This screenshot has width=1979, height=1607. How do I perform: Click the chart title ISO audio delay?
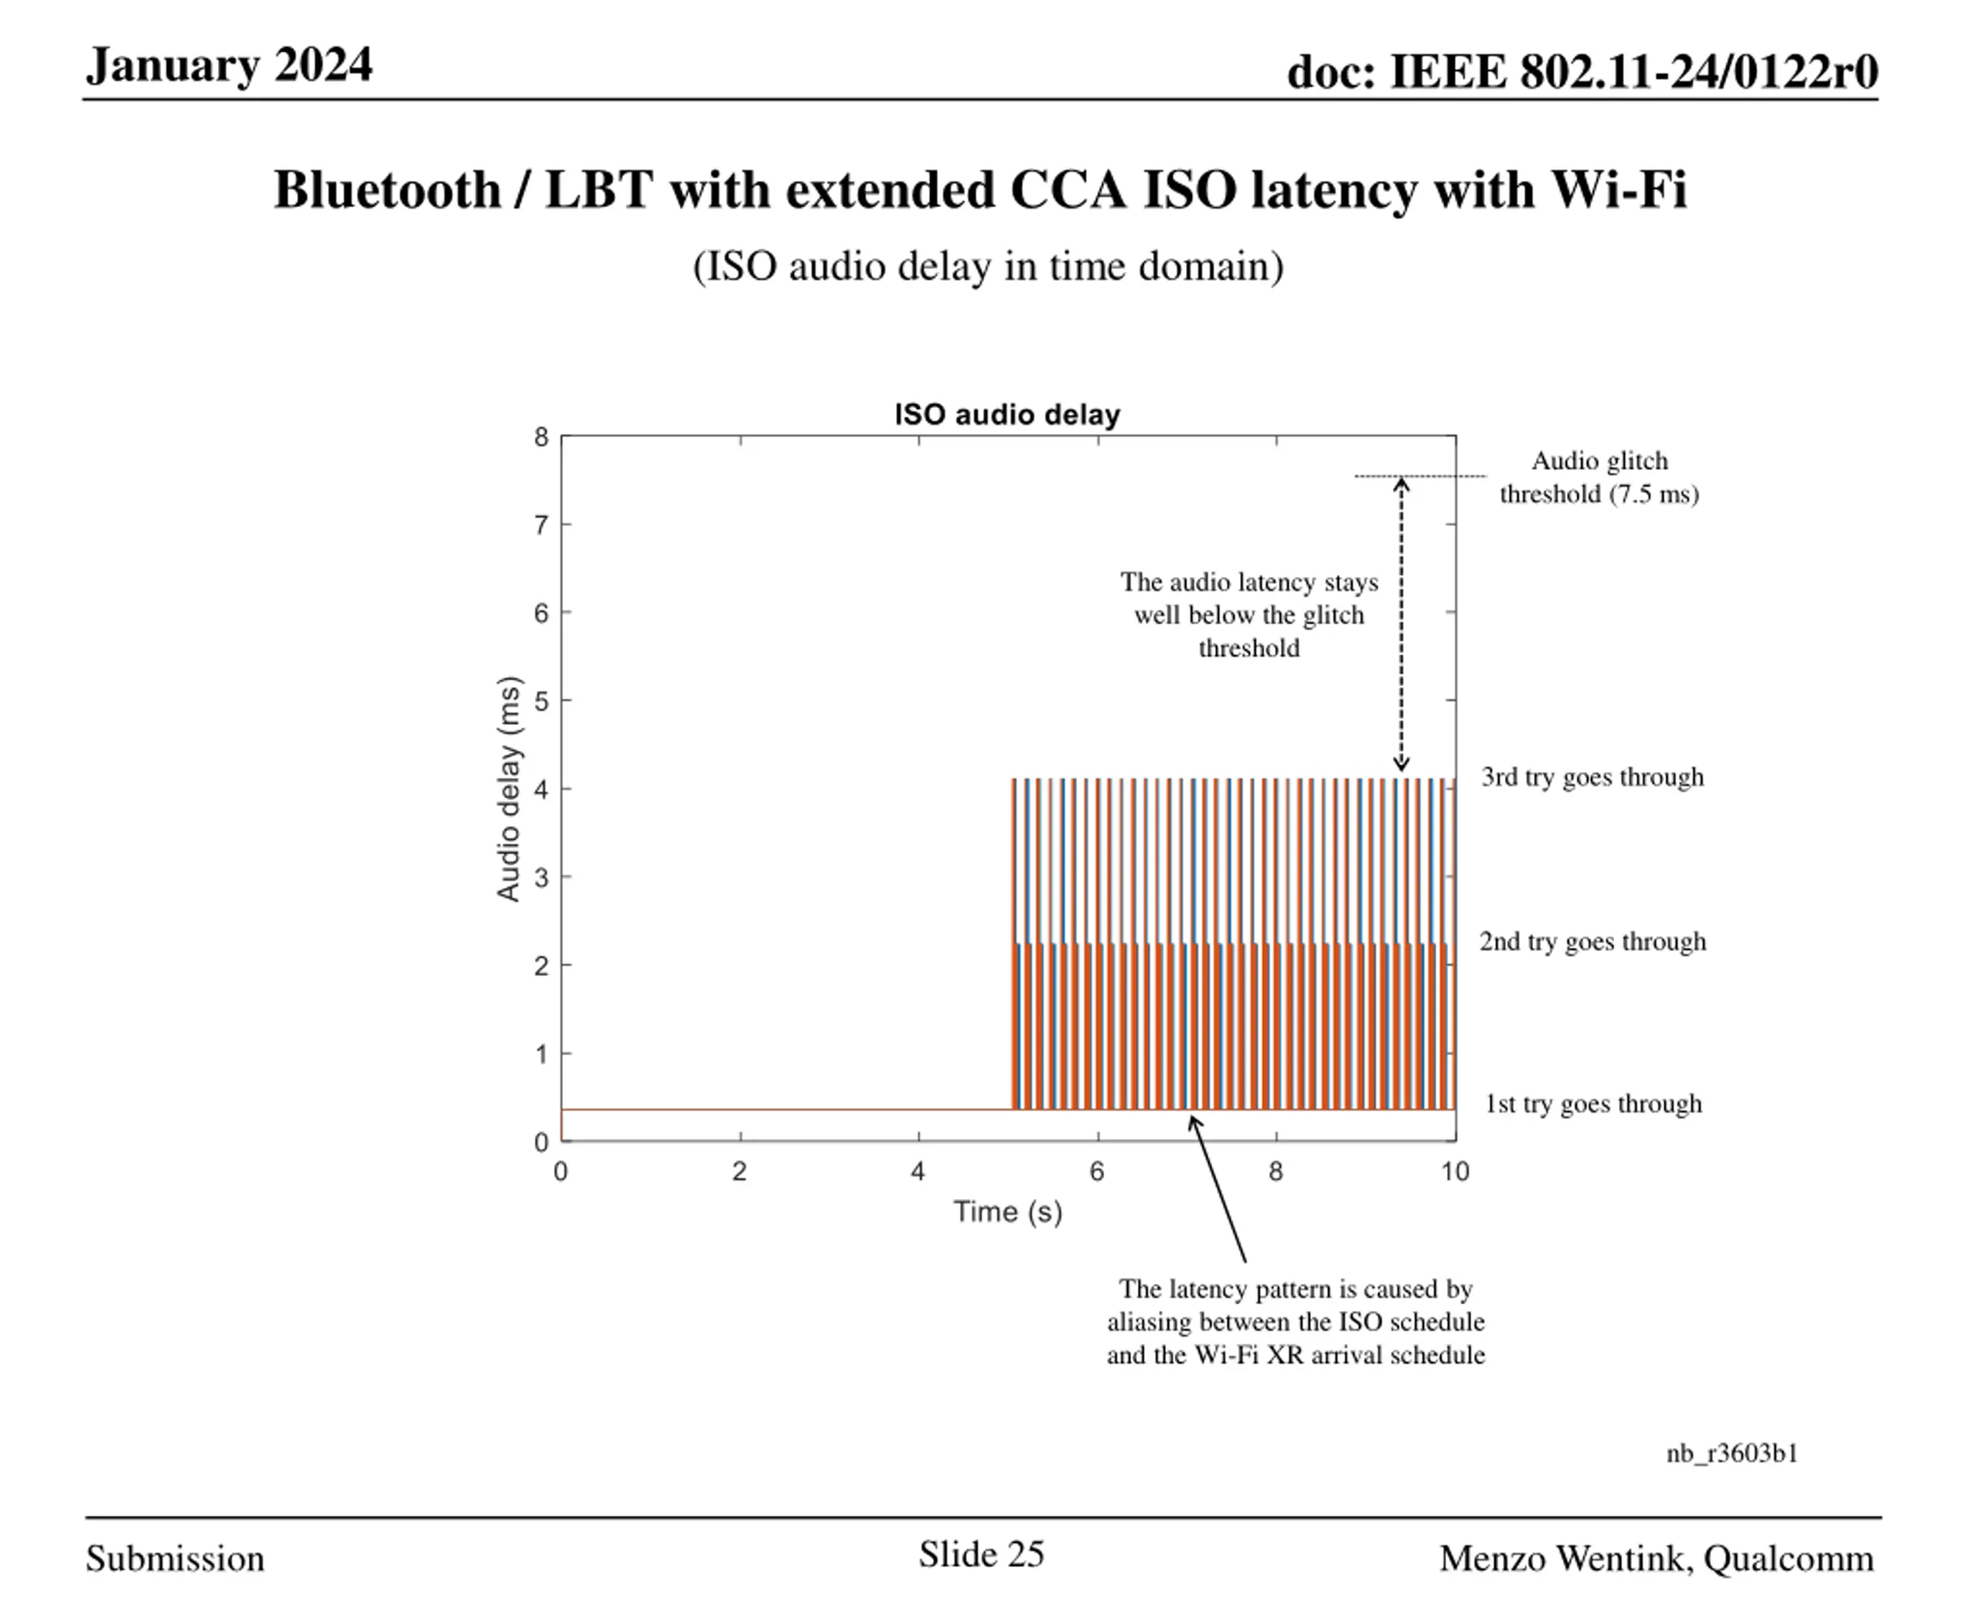point(1007,415)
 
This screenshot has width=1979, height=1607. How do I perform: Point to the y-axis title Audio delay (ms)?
point(509,789)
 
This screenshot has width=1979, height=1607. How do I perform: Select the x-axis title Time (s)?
point(1007,1211)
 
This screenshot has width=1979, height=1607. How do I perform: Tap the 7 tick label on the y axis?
point(541,525)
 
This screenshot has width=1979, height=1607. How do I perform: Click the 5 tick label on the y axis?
point(541,701)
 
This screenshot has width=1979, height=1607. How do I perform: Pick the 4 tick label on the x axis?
point(918,1172)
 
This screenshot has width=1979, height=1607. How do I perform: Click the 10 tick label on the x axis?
point(1455,1172)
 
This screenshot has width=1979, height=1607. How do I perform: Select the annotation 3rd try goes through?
point(1592,776)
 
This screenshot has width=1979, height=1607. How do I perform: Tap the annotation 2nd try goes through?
point(1592,942)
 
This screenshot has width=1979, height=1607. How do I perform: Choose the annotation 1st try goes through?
point(1592,1103)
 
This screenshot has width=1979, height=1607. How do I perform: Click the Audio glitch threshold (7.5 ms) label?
point(1599,477)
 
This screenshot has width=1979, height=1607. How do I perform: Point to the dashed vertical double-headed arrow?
point(1401,625)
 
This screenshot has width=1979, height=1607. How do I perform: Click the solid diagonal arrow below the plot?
point(1218,1190)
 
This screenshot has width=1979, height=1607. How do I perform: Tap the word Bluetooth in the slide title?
point(387,190)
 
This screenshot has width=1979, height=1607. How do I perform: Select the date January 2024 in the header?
point(229,66)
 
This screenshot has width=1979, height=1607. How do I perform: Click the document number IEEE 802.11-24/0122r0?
point(1633,71)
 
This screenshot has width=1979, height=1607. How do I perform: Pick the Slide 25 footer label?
point(981,1554)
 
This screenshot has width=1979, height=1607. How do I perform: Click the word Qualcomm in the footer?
point(1788,1559)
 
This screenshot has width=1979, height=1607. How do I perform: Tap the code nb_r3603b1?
point(1732,1453)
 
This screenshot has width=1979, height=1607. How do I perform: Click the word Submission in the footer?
point(175,1559)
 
